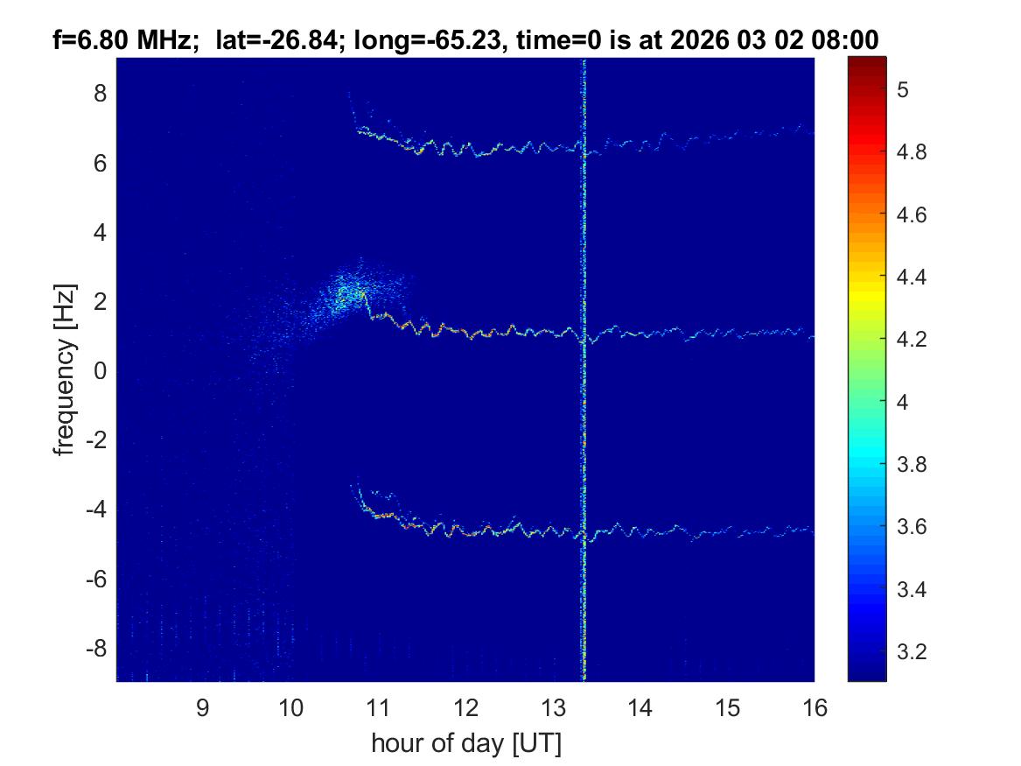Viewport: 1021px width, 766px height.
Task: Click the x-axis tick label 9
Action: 202,708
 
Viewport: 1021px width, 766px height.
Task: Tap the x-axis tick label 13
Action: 552,708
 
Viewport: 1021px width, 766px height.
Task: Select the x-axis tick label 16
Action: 815,708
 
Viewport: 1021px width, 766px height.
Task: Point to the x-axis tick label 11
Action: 377,708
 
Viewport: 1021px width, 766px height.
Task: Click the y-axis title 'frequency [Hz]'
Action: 64,369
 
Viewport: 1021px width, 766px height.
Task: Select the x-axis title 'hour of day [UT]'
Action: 465,744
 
